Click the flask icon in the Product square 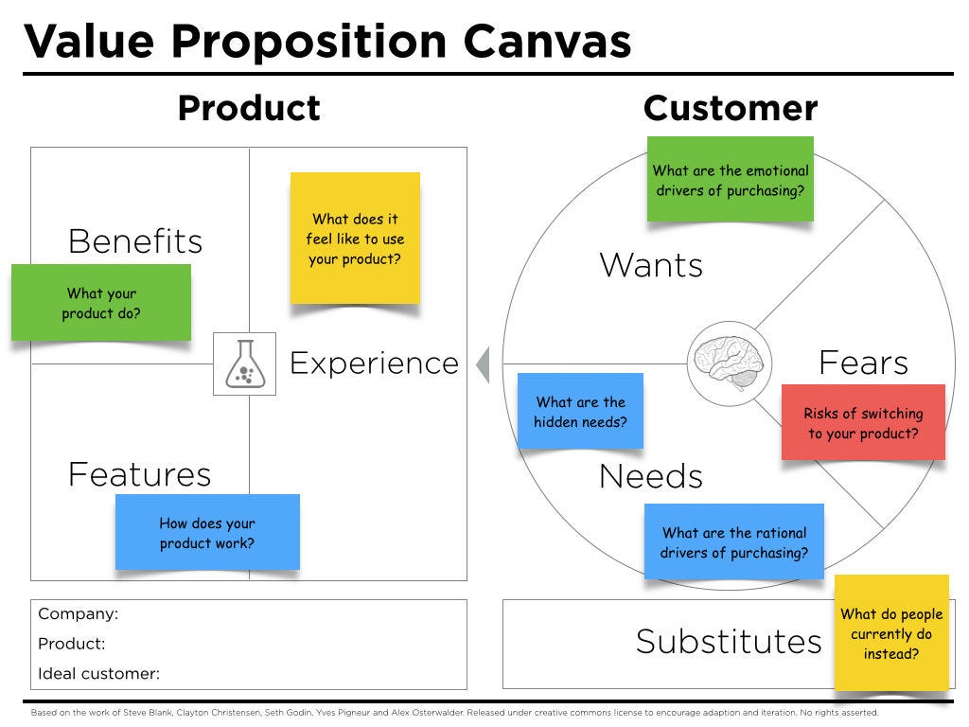click(244, 363)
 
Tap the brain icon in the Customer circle click(729, 363)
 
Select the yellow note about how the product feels click(355, 239)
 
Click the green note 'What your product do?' click(101, 303)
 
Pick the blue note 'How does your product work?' click(207, 533)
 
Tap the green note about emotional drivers click(731, 180)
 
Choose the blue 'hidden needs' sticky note click(580, 412)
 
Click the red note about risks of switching click(863, 423)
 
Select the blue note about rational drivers click(734, 542)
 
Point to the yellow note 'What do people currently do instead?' click(891, 633)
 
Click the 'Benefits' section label click(135, 241)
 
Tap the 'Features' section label click(139, 474)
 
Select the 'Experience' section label click(374, 363)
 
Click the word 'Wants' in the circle click(651, 265)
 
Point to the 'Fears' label click(863, 363)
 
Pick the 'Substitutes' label click(729, 642)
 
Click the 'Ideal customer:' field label click(98, 674)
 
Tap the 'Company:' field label click(78, 613)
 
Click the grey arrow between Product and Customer click(483, 364)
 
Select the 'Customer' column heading click(730, 109)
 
